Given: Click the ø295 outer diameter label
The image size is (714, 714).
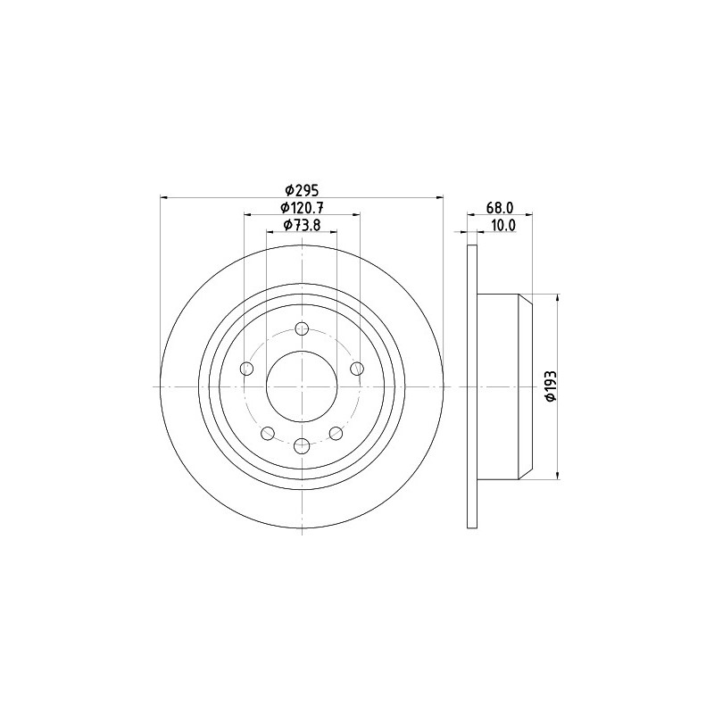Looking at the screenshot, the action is point(302,189).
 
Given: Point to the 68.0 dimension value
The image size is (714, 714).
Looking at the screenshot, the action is point(500,208).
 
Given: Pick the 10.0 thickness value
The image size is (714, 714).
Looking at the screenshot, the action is point(502,225).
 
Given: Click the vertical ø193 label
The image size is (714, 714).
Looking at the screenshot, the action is point(551,386).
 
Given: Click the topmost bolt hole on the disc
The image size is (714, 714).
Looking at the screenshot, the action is point(302,328).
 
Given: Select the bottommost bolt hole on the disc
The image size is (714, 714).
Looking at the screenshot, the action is point(302,446).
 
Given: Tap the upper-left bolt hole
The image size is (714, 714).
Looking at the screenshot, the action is point(246,369).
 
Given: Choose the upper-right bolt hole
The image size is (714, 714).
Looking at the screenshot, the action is point(358,369).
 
